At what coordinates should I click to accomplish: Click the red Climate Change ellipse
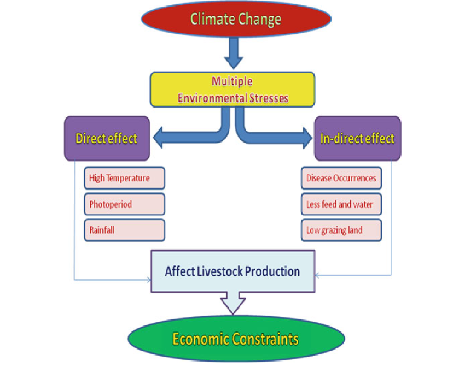[x=236, y=20]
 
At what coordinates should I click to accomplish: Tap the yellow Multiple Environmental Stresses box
[x=233, y=90]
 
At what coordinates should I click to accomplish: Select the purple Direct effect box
[x=107, y=138]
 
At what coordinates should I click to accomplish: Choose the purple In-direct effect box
[x=357, y=138]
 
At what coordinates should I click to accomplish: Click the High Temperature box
[x=124, y=178]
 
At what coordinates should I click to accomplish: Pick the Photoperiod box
[x=124, y=204]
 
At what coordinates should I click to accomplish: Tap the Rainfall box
[x=124, y=230]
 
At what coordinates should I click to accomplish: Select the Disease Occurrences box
[x=341, y=178]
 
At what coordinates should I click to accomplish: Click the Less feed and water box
[x=341, y=204]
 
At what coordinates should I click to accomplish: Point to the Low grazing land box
[x=341, y=230]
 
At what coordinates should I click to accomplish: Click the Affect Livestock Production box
[x=233, y=271]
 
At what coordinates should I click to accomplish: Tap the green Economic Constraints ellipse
[x=235, y=339]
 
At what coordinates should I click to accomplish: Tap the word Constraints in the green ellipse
[x=265, y=339]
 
